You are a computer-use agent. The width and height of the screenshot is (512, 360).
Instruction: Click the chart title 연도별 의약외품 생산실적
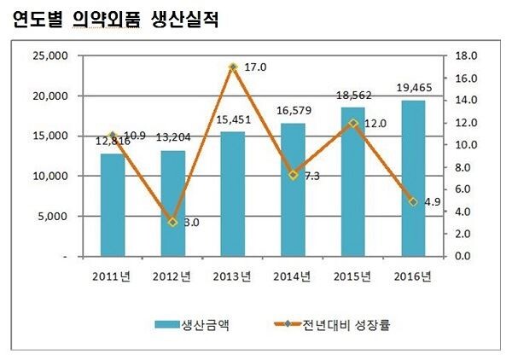click(x=115, y=20)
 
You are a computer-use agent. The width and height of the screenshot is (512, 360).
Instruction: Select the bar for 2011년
click(x=112, y=205)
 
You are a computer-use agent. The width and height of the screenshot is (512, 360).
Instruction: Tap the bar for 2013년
click(x=232, y=194)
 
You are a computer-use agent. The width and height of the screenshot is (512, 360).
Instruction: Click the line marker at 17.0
click(x=232, y=67)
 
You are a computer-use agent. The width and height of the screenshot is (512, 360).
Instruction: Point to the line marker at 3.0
click(x=172, y=222)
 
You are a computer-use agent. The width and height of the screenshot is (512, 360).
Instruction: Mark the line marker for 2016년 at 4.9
click(x=412, y=201)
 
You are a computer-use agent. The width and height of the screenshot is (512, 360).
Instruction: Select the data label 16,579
click(x=292, y=113)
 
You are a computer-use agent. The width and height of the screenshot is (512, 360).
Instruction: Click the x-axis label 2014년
click(x=292, y=275)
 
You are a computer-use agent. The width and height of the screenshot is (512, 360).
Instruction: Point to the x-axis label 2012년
click(x=172, y=275)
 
